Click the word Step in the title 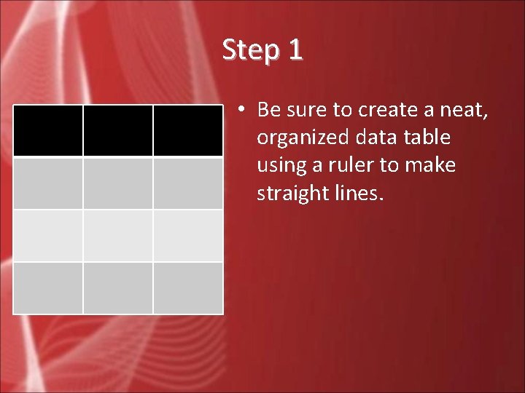click(x=246, y=50)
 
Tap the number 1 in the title click(x=294, y=50)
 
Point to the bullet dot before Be click(x=240, y=110)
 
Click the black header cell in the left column click(x=48, y=130)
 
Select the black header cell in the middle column click(x=117, y=130)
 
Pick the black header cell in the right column click(x=187, y=130)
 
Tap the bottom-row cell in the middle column click(x=117, y=288)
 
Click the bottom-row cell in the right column click(x=187, y=288)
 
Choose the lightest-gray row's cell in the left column click(x=48, y=236)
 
